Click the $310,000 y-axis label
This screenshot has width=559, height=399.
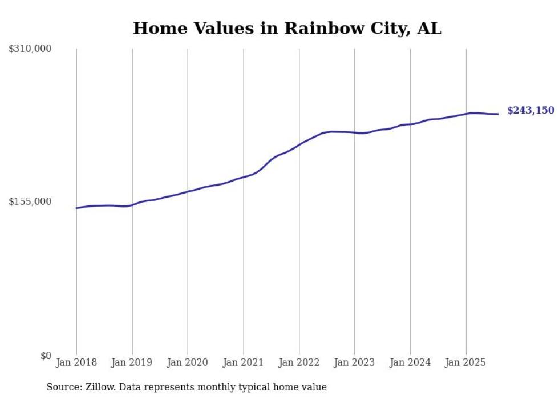tap(30, 49)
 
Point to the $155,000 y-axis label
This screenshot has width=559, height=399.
tap(30, 201)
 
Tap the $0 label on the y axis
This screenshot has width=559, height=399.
tap(46, 356)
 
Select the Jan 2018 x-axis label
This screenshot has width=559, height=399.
tap(76, 362)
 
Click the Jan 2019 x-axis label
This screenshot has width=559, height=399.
tap(132, 362)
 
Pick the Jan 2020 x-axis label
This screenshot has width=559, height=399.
tap(188, 362)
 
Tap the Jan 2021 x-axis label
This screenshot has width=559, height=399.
tap(244, 362)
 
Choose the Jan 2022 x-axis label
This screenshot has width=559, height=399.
tap(299, 362)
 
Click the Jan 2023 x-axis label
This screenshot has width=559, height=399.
tap(354, 362)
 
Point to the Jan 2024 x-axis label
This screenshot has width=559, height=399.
tap(410, 362)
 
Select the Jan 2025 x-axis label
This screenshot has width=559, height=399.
tap(465, 362)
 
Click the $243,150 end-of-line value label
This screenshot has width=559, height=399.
tap(530, 110)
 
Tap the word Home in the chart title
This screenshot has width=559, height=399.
tap(158, 28)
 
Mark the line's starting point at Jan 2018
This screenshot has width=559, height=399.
tap(76, 208)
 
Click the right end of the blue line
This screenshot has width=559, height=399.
tap(498, 114)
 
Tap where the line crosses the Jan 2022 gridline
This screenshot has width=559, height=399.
tap(299, 144)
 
